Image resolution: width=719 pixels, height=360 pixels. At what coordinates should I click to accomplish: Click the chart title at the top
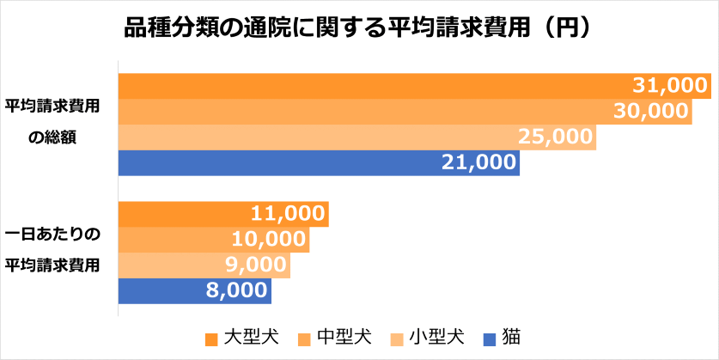pos(359,28)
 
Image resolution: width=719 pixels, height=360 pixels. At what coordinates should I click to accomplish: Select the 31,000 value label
pos(669,85)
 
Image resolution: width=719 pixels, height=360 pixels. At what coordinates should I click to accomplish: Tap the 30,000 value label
pos(651,111)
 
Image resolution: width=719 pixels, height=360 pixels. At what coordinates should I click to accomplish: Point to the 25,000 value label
pos(555,137)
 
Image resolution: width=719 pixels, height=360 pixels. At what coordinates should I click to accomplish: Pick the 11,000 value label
pos(289,213)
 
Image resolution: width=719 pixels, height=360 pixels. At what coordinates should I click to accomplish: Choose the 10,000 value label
pos(269,239)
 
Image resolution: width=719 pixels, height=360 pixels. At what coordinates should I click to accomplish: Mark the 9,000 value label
pos(255,265)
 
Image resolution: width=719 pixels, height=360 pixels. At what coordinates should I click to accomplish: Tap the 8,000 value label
pos(236,290)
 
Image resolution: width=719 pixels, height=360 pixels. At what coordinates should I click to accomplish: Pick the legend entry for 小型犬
pos(436,336)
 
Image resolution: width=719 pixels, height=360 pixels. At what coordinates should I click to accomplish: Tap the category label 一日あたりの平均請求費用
pos(53,248)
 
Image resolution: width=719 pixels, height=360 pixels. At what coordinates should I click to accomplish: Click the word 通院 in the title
pos(258,28)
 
